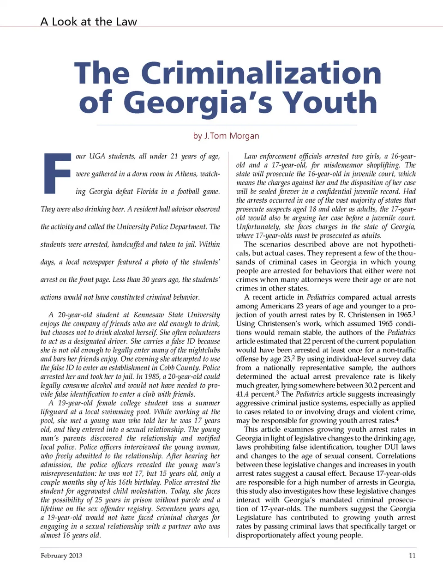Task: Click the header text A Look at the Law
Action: (x=89, y=22)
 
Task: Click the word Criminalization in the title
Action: (x=261, y=73)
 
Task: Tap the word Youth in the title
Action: (x=330, y=102)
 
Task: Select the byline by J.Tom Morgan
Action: (x=226, y=136)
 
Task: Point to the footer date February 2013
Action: (x=61, y=556)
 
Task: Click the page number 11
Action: (x=412, y=556)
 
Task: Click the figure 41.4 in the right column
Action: (x=243, y=394)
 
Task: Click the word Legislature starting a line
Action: (x=254, y=518)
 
